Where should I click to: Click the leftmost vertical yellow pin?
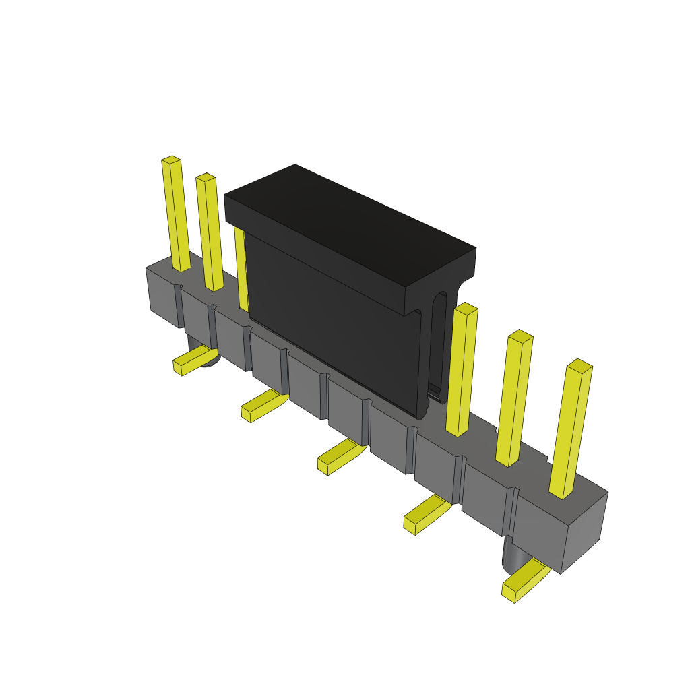(176, 216)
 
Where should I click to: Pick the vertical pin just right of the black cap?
(462, 371)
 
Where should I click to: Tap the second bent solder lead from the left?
(263, 406)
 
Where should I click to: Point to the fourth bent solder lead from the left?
(427, 515)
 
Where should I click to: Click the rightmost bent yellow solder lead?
(524, 581)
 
